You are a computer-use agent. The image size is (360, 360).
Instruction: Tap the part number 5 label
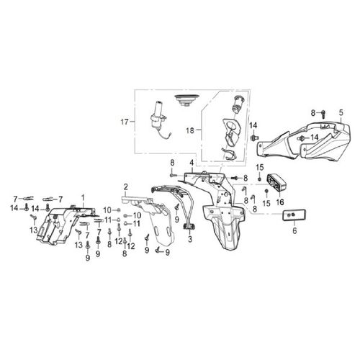pos(340,112)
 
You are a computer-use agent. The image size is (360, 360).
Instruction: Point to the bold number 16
pos(280,202)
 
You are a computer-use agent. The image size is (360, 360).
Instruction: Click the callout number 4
pos(192,163)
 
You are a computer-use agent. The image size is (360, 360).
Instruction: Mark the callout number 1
pos(82,197)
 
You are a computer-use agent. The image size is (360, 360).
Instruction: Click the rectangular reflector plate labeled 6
pos(294,215)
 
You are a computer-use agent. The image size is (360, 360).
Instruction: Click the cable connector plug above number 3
pos(191,227)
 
